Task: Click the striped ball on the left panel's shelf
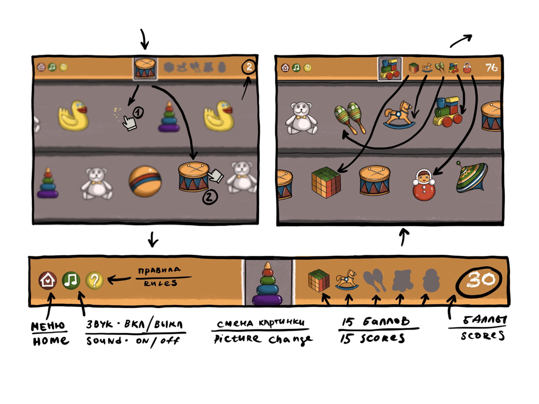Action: pos(144,182)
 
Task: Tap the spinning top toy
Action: pos(471,177)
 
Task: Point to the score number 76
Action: pos(492,67)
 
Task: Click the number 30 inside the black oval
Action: pos(480,279)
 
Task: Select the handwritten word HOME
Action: pos(51,340)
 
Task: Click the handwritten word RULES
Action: pos(161,283)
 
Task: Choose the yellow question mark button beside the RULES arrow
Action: pos(94,280)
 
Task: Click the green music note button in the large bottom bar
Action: pos(71,280)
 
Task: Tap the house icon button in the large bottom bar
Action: pos(48,280)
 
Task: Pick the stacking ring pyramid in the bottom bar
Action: pos(267,284)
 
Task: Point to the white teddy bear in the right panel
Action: pos(301,118)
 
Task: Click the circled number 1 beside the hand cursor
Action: pos(138,113)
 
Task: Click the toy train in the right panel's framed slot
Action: pos(390,69)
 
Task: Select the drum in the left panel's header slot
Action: pos(145,68)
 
